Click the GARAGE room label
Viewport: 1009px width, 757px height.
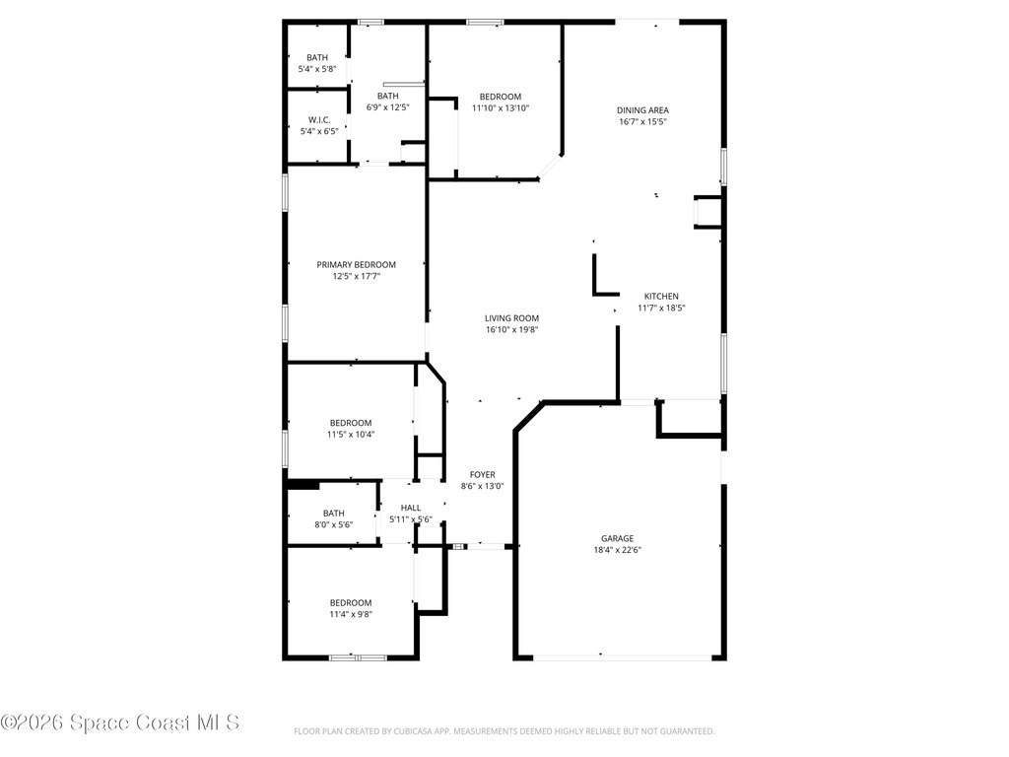tap(618, 538)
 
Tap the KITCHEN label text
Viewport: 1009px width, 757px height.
tap(661, 296)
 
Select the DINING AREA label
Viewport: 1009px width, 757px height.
tap(642, 110)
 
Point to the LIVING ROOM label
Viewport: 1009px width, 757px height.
tap(511, 318)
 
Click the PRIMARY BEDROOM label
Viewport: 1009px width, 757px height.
tap(356, 264)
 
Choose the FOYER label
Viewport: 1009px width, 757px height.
tap(482, 474)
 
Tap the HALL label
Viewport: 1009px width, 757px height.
tap(411, 508)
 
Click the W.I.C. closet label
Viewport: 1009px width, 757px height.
tap(317, 119)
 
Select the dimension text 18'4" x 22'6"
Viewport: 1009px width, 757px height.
tap(618, 551)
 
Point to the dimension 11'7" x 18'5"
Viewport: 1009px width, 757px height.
tap(661, 309)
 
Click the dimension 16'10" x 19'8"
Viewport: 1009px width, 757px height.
tap(511, 330)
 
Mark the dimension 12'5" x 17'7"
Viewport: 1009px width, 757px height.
tap(356, 277)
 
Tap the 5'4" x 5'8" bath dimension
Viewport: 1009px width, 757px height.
tap(317, 70)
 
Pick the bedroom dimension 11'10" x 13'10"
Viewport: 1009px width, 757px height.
tap(502, 108)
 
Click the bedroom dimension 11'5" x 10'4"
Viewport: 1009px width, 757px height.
tap(351, 435)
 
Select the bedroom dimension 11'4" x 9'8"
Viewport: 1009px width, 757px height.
tap(351, 614)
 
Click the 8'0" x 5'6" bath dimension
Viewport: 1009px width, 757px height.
tap(334, 524)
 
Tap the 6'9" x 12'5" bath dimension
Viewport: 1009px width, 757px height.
tap(387, 107)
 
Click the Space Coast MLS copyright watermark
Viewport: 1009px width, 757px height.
tap(120, 723)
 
